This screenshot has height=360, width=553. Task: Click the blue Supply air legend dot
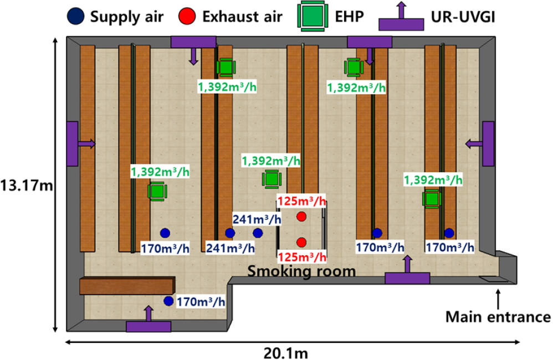(x=75, y=16)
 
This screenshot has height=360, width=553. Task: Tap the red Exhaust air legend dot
(x=187, y=16)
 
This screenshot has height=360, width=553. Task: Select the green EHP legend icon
(x=313, y=16)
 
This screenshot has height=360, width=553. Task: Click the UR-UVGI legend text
(x=463, y=17)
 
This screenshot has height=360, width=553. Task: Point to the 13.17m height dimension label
(x=27, y=186)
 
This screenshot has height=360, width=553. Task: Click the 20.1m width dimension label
(x=286, y=353)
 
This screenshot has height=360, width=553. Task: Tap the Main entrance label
(x=498, y=317)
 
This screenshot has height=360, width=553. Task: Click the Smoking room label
(x=301, y=271)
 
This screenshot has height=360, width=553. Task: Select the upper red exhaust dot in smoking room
(x=301, y=217)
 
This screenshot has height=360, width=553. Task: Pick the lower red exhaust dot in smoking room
(x=301, y=242)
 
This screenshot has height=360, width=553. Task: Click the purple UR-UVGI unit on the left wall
(x=72, y=144)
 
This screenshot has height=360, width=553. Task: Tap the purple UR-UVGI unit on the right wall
(x=489, y=143)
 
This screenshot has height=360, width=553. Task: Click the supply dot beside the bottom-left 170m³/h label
(x=168, y=301)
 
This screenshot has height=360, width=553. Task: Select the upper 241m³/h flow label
(x=257, y=219)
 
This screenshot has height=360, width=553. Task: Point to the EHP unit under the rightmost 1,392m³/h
(x=431, y=199)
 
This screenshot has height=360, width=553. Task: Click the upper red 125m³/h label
(x=301, y=202)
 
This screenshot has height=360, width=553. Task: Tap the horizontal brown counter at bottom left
(x=127, y=286)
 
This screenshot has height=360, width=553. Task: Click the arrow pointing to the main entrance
(x=498, y=299)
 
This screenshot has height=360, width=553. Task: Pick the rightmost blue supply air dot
(x=449, y=233)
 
